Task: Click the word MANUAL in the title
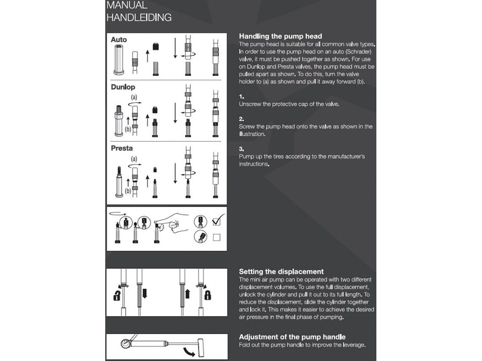click(x=127, y=5)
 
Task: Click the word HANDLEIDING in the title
click(x=139, y=18)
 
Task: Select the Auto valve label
click(x=119, y=40)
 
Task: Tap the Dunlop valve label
click(x=123, y=87)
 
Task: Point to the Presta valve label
click(x=122, y=148)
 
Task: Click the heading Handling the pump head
click(x=280, y=36)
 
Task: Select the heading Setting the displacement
click(x=281, y=272)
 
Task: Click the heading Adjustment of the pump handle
click(x=292, y=337)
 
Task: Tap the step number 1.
click(x=241, y=97)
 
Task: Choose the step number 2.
click(x=241, y=119)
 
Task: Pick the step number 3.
click(x=241, y=149)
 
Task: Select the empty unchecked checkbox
click(x=217, y=237)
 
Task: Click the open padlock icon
click(x=116, y=296)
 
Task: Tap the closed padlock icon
click(x=208, y=295)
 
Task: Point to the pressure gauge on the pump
click(x=125, y=343)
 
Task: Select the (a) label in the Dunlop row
click(x=134, y=97)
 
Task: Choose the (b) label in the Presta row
click(x=128, y=191)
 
